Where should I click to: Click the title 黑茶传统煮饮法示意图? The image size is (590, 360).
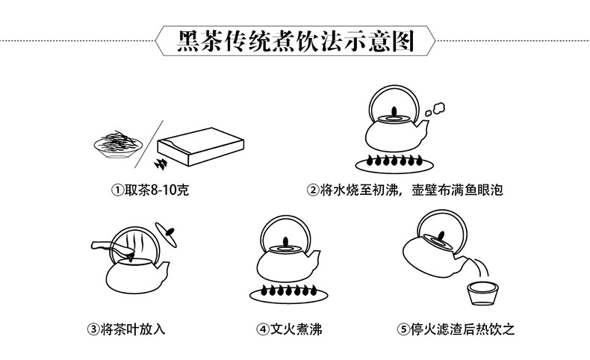coord(295,41)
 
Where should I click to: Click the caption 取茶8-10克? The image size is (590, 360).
coord(156,190)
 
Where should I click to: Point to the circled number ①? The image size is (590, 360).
coord(117,190)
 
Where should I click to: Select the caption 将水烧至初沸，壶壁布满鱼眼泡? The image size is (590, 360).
coord(412,190)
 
